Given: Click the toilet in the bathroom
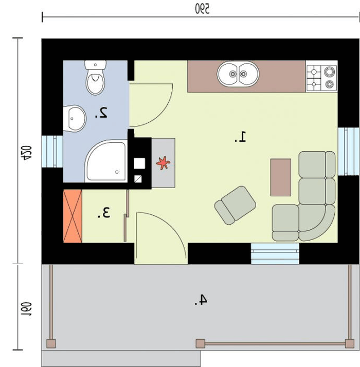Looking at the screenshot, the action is click(x=95, y=78).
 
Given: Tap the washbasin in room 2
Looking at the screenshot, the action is click(x=75, y=118).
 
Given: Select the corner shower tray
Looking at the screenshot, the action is click(x=106, y=161).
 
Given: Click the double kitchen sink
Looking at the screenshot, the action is click(x=238, y=74).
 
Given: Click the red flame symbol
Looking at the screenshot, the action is click(x=163, y=162).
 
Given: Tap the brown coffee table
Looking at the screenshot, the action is click(x=281, y=177).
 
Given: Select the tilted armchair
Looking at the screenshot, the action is click(x=235, y=205).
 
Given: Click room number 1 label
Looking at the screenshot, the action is click(x=241, y=137).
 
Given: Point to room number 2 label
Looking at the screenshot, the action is click(x=101, y=113).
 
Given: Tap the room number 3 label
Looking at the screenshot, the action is click(x=104, y=212).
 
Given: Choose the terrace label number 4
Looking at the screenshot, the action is click(x=201, y=300).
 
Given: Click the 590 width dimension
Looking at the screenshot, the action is click(x=202, y=9).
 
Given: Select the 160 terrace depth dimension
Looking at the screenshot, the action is click(x=26, y=309).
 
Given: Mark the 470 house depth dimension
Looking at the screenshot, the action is click(x=26, y=153).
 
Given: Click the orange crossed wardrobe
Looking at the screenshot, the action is click(x=73, y=216).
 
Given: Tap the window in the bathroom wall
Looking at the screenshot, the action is click(x=52, y=152).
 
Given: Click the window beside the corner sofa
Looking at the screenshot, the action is click(x=348, y=152).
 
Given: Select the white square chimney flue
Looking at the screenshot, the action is click(x=139, y=163).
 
